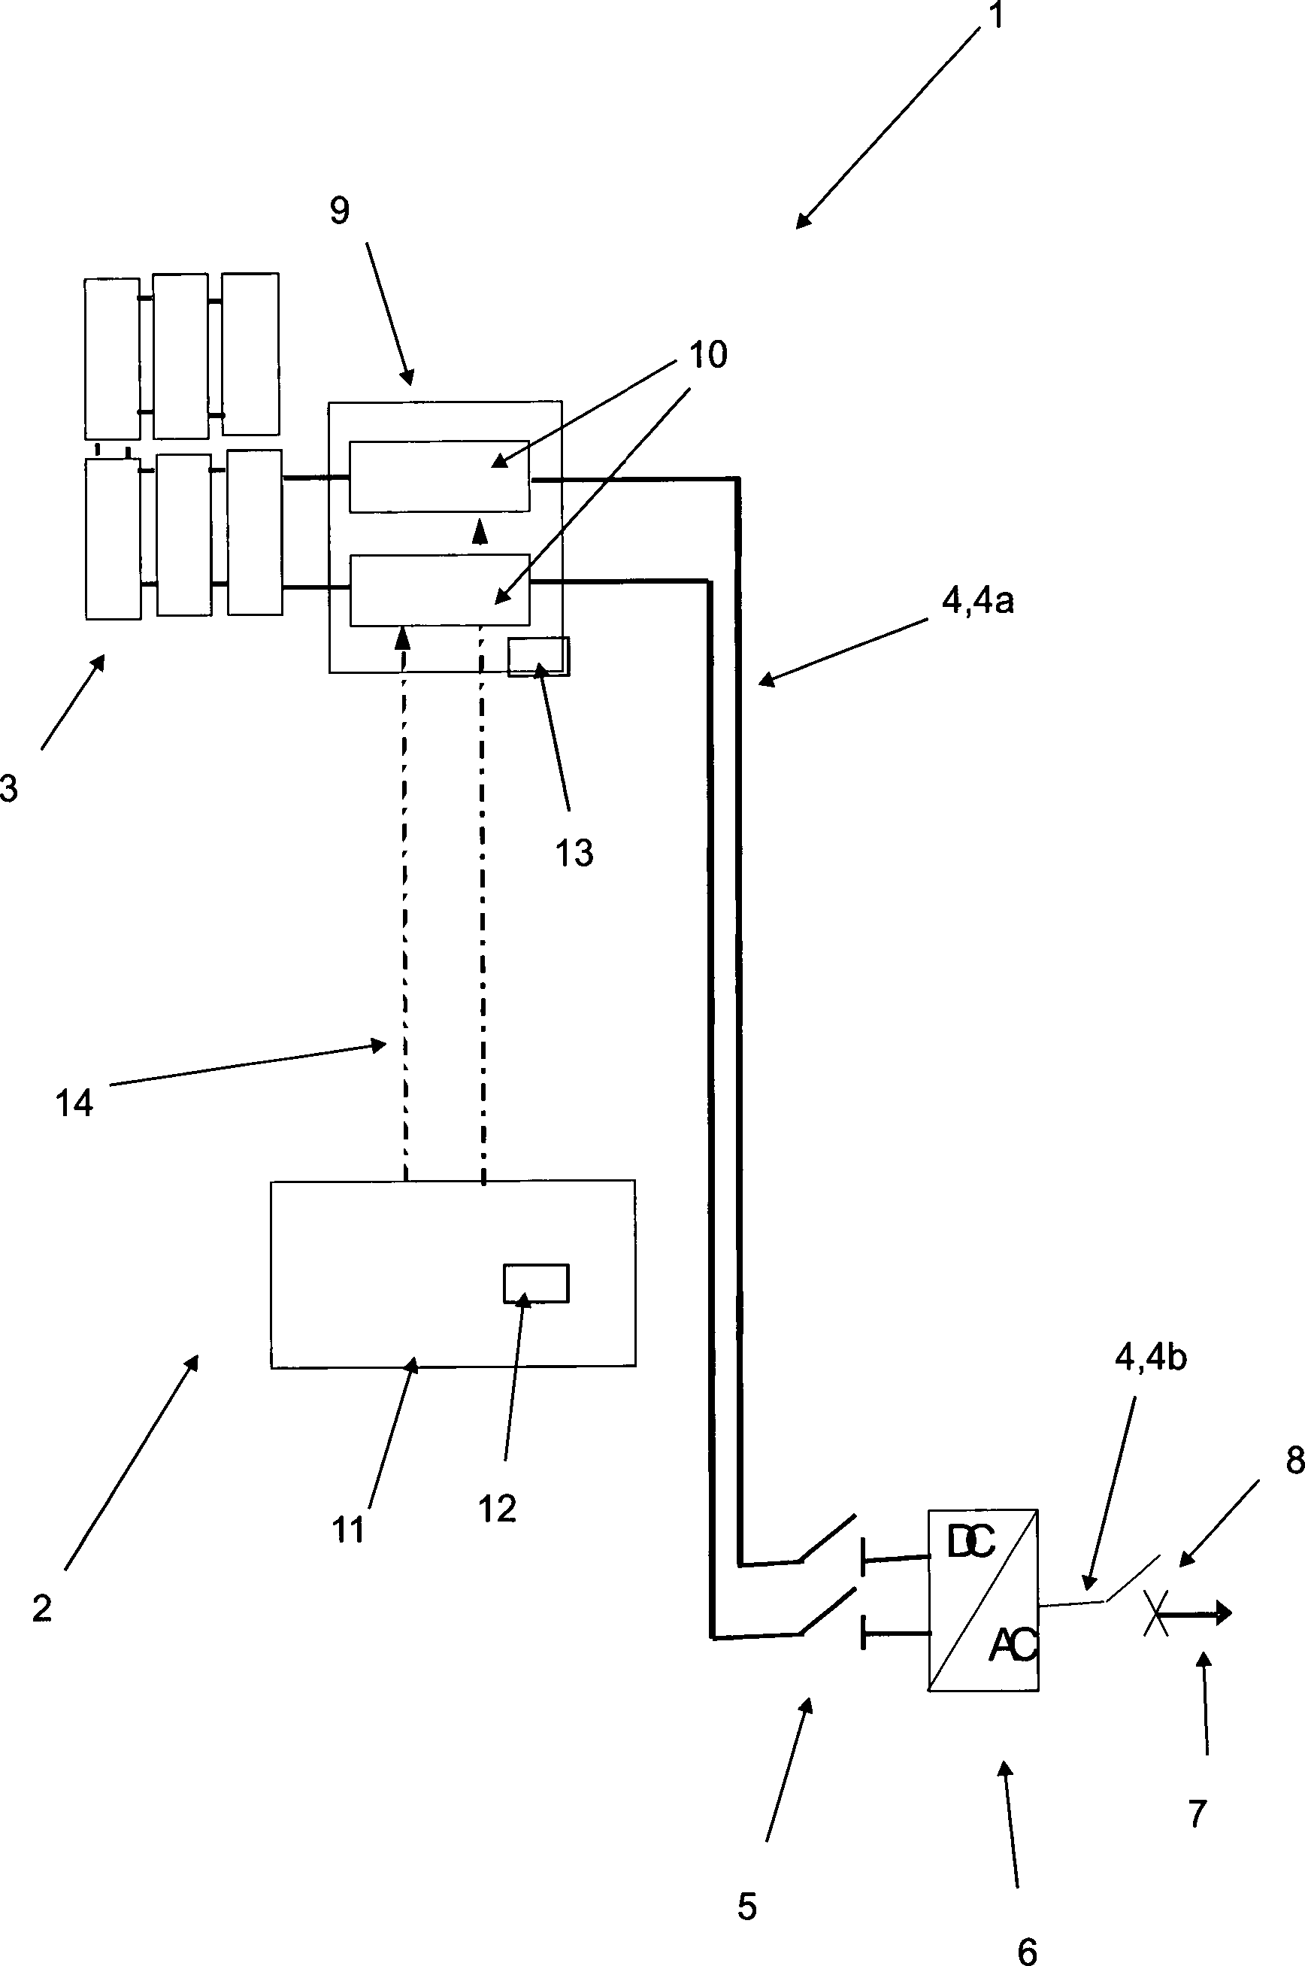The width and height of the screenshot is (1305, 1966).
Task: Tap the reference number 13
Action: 574,853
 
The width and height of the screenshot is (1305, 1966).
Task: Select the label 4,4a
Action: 978,600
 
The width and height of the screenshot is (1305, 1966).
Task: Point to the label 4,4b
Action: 1150,1358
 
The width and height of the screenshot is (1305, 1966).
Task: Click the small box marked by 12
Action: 536,1282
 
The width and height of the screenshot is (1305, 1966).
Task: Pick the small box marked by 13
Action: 538,656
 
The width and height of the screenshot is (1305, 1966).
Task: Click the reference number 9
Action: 339,211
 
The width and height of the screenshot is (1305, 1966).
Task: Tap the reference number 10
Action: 708,355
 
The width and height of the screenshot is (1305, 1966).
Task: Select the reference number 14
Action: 74,1103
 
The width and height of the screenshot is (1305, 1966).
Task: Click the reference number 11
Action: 348,1530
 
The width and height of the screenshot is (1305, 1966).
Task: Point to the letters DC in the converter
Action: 971,1543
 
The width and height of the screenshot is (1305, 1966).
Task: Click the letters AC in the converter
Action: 1013,1645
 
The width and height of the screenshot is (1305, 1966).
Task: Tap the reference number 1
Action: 996,16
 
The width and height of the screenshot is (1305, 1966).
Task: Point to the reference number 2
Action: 41,1608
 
